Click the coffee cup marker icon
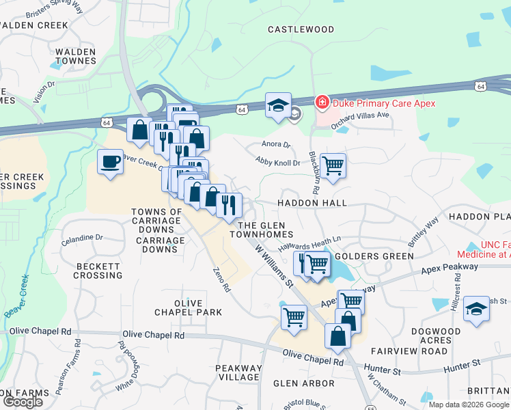[111, 162]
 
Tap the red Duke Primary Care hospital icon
[321, 103]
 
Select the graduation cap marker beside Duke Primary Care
[278, 105]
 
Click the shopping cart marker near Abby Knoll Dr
[333, 164]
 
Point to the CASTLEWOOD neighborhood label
[301, 29]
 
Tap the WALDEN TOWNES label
[76, 56]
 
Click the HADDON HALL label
[312, 203]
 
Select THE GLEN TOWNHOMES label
[265, 230]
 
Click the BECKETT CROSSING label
[99, 271]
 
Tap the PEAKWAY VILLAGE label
[238, 372]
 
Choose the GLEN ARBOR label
[304, 383]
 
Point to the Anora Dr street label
[276, 144]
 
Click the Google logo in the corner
[23, 402]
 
